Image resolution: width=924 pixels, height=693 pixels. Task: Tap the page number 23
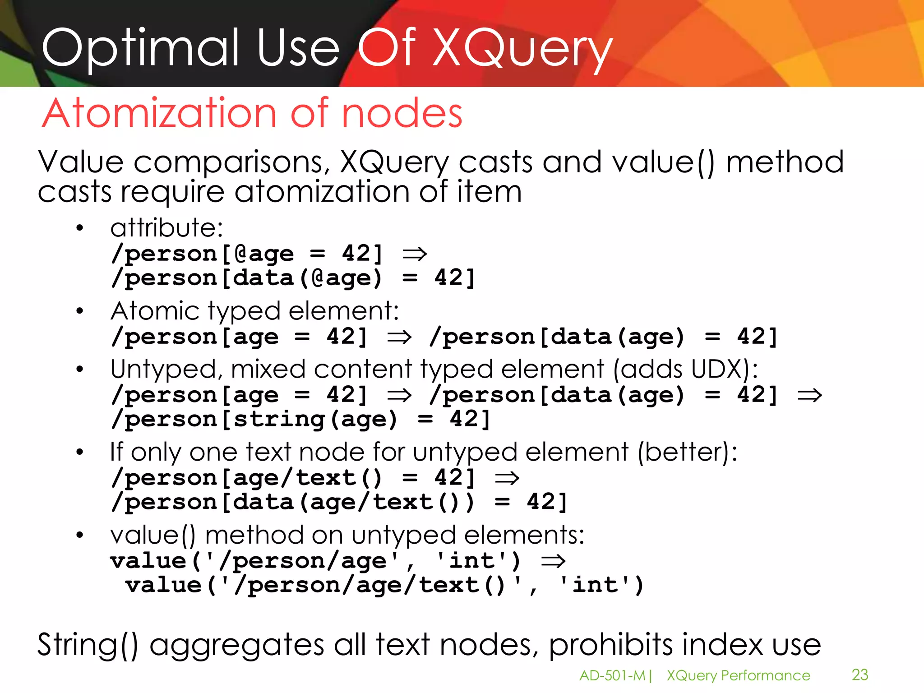click(859, 675)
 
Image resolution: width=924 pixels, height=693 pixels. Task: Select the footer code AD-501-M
click(612, 675)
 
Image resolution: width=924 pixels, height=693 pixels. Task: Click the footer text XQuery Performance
click(738, 675)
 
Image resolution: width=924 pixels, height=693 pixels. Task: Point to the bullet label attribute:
click(166, 227)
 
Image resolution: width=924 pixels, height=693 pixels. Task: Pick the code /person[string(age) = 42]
click(300, 420)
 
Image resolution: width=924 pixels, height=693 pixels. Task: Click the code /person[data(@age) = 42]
click(293, 278)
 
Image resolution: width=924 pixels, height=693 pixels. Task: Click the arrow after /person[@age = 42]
click(414, 254)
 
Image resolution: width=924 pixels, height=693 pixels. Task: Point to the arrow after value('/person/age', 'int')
click(553, 561)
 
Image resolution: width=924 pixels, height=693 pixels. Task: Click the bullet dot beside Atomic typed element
click(80, 311)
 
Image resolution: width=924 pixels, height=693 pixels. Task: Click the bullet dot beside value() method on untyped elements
click(80, 536)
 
